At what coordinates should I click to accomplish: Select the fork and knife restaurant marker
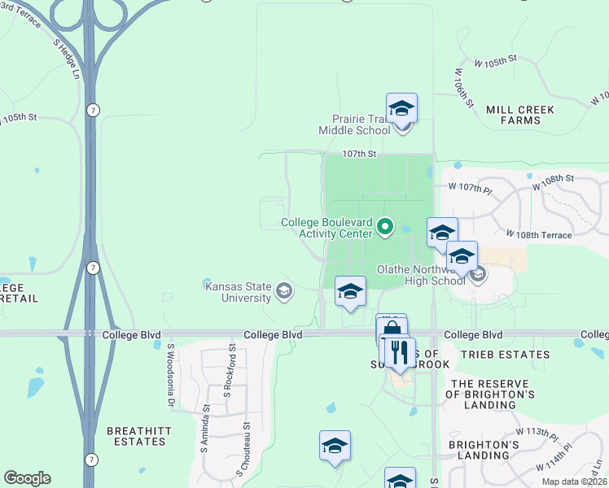click(x=398, y=352)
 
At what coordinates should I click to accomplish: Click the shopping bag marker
click(x=392, y=330)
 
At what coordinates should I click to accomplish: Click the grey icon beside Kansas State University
click(x=284, y=291)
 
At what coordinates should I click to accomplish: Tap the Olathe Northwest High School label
click(x=420, y=274)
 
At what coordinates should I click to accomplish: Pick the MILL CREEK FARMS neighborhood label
click(x=519, y=115)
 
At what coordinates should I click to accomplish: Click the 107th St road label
click(x=359, y=154)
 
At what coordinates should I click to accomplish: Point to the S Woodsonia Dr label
click(x=171, y=375)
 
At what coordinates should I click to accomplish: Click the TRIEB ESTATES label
click(x=494, y=355)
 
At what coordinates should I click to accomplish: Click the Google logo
click(x=27, y=478)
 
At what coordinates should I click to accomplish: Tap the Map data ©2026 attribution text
click(x=574, y=481)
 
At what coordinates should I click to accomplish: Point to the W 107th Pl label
click(x=470, y=187)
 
